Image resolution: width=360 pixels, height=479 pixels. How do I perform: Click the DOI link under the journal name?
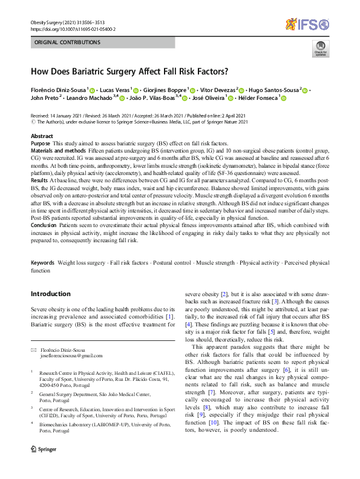pyautogui.click(x=73, y=29)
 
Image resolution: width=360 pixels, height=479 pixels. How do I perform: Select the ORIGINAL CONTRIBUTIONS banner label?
pyautogui.click(x=68, y=42)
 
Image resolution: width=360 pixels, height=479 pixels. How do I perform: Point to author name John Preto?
pyautogui.click(x=45, y=97)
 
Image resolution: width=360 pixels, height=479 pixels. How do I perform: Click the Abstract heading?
pyautogui.click(x=42, y=136)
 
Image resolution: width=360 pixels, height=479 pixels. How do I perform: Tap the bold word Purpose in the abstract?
pyautogui.click(x=41, y=143)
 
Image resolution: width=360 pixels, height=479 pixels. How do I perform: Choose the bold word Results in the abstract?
pyautogui.click(x=39, y=180)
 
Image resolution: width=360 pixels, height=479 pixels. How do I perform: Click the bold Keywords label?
pyautogui.click(x=43, y=263)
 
